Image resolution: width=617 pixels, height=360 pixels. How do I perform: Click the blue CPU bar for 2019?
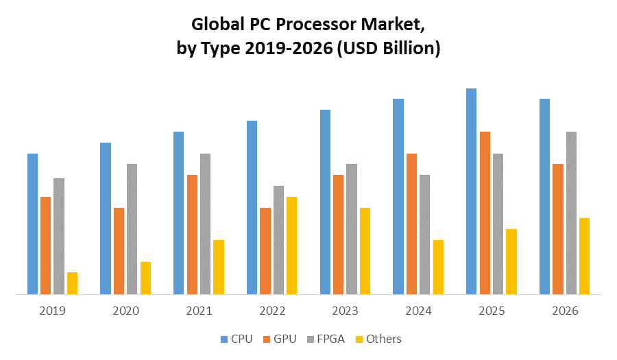click(32, 224)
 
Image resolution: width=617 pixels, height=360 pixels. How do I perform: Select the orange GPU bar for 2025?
click(485, 213)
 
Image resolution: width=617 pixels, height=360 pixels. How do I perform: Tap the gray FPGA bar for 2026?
click(571, 213)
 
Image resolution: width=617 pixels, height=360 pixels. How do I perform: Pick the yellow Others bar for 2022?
click(291, 245)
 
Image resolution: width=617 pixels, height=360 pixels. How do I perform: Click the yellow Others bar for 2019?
click(72, 283)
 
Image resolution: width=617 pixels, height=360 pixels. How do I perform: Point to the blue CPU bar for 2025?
click(471, 191)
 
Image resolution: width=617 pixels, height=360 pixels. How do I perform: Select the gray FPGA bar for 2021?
click(205, 224)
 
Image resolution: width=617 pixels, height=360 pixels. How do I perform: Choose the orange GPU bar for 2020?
click(119, 251)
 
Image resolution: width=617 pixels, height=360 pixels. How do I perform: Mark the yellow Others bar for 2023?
click(365, 251)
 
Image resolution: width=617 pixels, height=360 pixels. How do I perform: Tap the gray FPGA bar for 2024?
click(424, 235)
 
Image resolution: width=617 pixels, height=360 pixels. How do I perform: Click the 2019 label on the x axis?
click(52, 311)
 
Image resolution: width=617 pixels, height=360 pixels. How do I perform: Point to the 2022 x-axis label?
click(272, 311)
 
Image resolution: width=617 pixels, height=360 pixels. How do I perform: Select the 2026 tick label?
click(565, 311)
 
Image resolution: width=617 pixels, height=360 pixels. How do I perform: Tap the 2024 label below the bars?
click(418, 311)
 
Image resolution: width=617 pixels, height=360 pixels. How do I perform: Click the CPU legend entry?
click(237, 339)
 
